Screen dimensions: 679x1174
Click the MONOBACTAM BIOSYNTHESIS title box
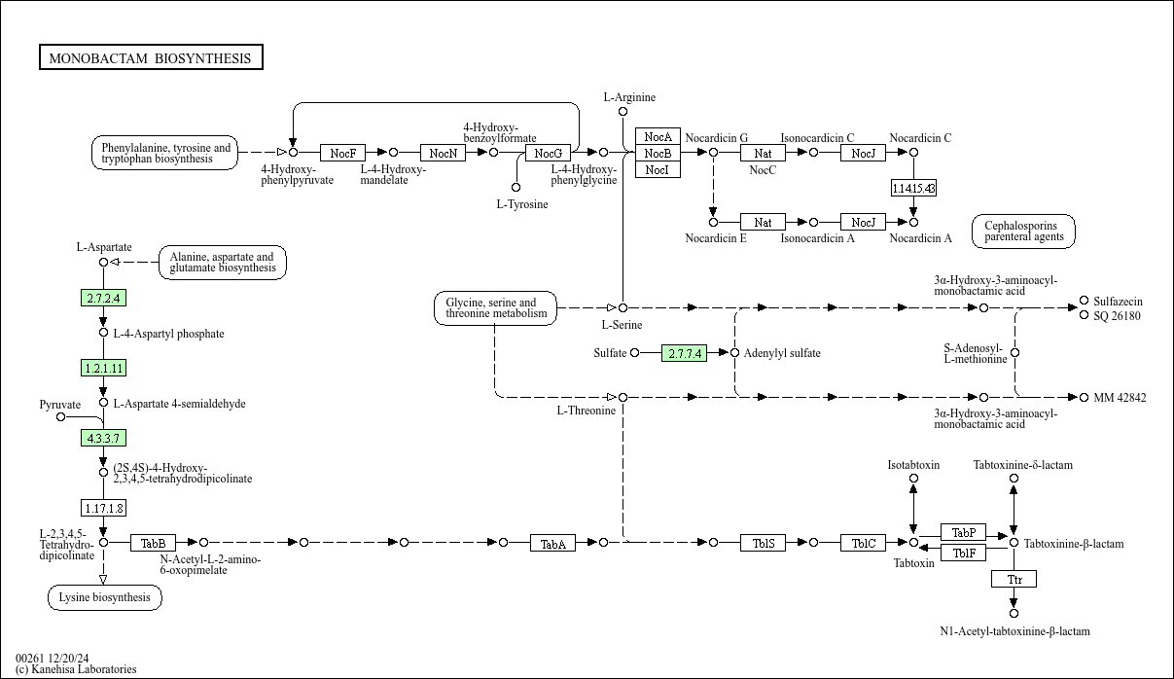[151, 58]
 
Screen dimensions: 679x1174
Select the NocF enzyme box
[342, 153]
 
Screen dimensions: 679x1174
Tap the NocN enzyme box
[443, 153]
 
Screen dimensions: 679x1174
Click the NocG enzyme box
[547, 153]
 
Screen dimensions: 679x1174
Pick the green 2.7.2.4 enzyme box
[103, 298]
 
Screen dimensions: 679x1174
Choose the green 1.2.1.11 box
[103, 368]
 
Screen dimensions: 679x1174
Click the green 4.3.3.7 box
[103, 438]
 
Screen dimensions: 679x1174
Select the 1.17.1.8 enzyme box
[103, 508]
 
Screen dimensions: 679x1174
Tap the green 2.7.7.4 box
[684, 353]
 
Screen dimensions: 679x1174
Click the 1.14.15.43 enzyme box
[913, 188]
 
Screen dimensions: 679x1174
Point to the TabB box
[154, 543]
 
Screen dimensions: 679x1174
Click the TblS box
[764, 543]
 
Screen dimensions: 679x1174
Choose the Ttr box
[1014, 579]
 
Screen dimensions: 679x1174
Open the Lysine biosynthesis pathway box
[104, 597]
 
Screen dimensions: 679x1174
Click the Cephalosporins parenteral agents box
[1022, 231]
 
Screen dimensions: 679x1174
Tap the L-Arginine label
[629, 97]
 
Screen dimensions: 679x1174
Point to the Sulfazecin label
[1118, 302]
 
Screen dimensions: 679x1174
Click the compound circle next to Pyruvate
[60, 417]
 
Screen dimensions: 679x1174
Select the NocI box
[657, 169]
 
